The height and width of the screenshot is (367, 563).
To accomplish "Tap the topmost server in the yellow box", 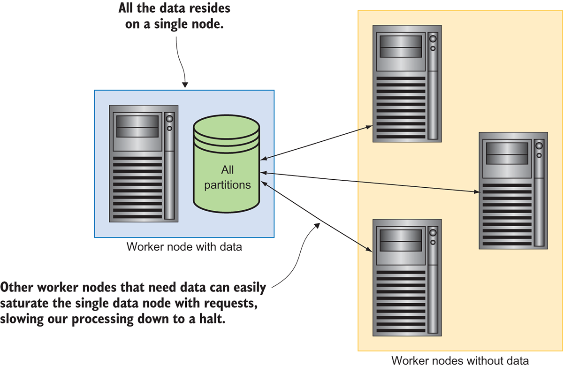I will point(407,84).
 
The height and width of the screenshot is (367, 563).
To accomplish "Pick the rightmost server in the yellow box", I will point(513,190).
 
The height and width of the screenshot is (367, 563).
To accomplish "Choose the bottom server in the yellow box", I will point(407,278).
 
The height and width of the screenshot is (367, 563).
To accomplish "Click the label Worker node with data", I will point(184,246).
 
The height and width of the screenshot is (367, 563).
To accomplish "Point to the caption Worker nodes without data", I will point(460,360).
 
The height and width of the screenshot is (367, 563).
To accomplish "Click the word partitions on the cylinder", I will point(228,184).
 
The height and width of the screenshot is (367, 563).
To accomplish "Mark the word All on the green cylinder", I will point(228,170).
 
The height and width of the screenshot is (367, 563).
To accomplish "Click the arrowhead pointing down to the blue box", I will point(185,84).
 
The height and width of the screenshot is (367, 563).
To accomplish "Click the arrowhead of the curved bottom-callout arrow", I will point(317,226).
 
